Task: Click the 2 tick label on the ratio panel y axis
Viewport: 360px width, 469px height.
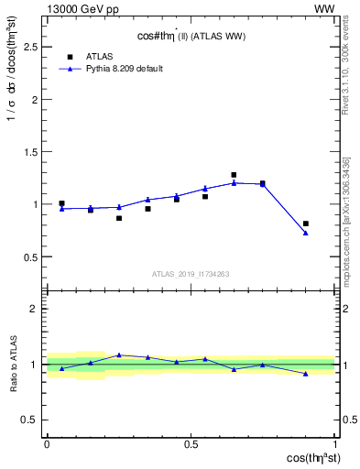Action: (32, 309)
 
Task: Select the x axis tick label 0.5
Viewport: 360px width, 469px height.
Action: (191, 443)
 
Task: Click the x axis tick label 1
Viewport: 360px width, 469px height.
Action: (335, 443)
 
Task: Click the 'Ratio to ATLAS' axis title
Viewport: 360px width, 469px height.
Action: (12, 364)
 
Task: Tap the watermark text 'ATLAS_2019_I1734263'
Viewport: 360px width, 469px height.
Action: (191, 273)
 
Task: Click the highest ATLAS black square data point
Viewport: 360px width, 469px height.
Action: (234, 175)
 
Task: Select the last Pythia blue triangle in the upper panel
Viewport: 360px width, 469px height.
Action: (306, 233)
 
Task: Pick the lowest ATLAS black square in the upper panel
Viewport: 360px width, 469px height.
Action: (119, 218)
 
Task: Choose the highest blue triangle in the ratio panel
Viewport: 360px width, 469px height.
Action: (119, 354)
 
